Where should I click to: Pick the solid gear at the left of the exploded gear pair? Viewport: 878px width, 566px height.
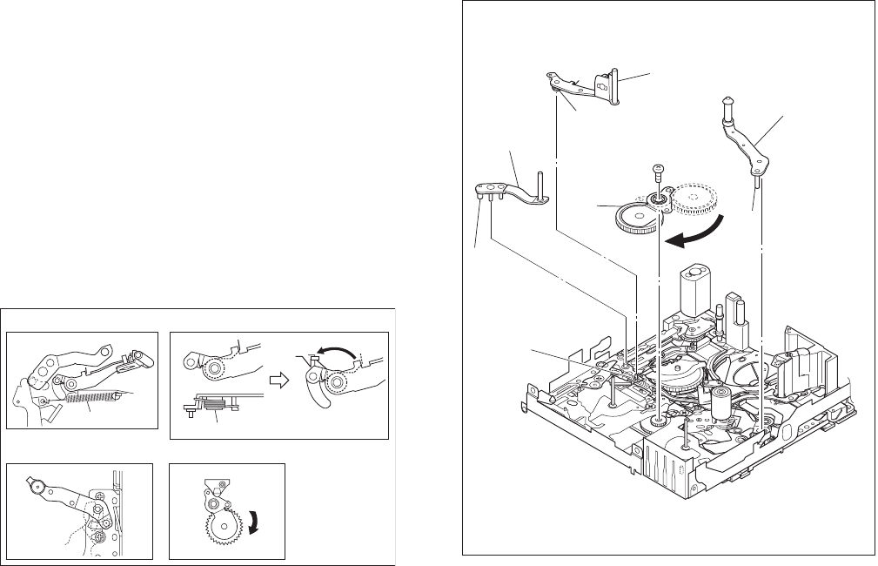pyautogui.click(x=639, y=216)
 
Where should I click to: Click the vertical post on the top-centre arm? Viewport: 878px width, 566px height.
pyautogui.click(x=615, y=85)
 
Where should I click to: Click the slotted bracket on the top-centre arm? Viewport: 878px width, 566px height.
pyautogui.click(x=602, y=85)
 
